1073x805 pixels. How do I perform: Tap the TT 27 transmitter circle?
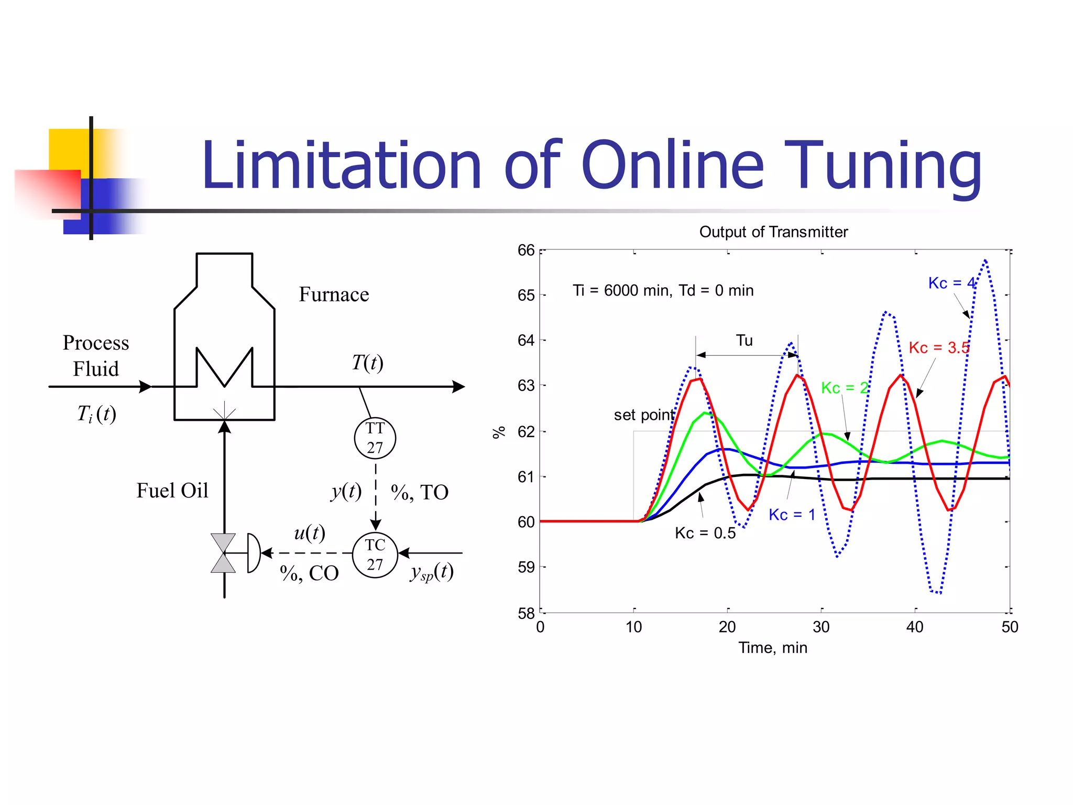tap(375, 438)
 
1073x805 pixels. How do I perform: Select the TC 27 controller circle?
tap(375, 554)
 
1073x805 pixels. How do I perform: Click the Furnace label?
tap(334, 295)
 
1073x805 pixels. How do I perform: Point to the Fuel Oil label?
tap(172, 491)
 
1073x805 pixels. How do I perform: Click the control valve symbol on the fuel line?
tap(224, 553)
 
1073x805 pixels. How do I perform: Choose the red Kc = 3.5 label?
tap(939, 347)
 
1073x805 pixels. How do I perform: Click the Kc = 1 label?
tap(792, 515)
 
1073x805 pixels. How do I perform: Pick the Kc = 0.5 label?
tap(705, 533)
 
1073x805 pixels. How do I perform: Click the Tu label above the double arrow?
tap(744, 341)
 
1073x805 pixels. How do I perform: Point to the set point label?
tap(644, 415)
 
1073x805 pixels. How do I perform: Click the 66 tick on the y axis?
tap(526, 251)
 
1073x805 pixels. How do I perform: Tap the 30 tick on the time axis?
tap(821, 627)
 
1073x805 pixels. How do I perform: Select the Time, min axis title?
tap(773, 648)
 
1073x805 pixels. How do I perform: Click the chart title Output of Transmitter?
tap(773, 232)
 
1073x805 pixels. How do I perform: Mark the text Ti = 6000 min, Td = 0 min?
tap(663, 290)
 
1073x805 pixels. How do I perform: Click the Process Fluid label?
tap(96, 356)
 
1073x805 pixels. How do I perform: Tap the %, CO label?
tap(310, 573)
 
